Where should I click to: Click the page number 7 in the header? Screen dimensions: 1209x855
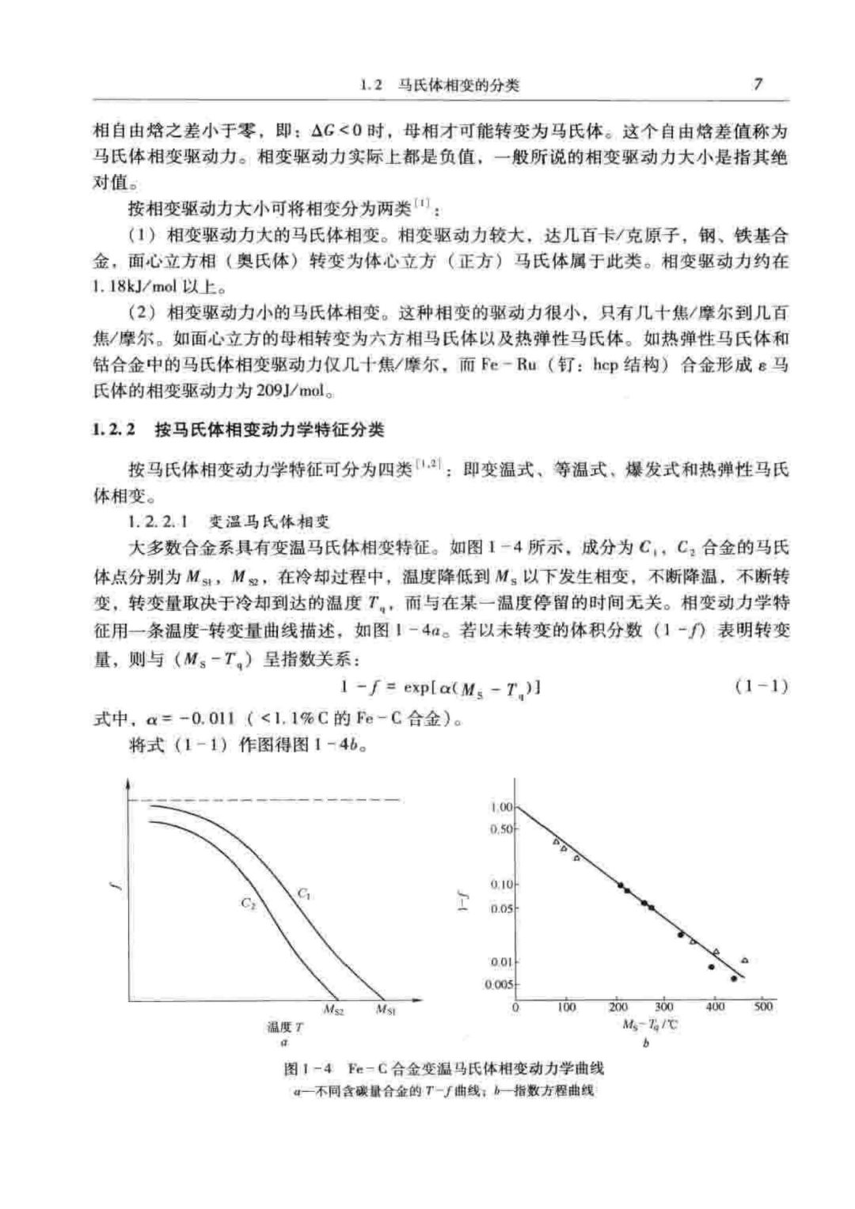click(x=758, y=84)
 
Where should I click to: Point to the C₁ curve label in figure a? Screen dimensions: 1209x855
click(x=304, y=894)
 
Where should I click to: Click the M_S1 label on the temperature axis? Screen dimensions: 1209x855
click(x=386, y=1010)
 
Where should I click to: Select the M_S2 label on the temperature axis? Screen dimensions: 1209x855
click(x=334, y=1010)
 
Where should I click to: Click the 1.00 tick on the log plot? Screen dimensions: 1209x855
click(x=501, y=807)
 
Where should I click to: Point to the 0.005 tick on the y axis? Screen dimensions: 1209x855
click(x=500, y=984)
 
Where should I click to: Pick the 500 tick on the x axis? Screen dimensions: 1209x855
click(x=764, y=1006)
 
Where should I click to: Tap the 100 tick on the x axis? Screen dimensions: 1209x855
click(x=567, y=1006)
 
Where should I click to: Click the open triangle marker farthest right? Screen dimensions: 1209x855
click(x=744, y=961)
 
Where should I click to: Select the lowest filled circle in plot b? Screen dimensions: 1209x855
click(x=734, y=979)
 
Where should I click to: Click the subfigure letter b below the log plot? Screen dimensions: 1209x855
click(x=646, y=1044)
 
